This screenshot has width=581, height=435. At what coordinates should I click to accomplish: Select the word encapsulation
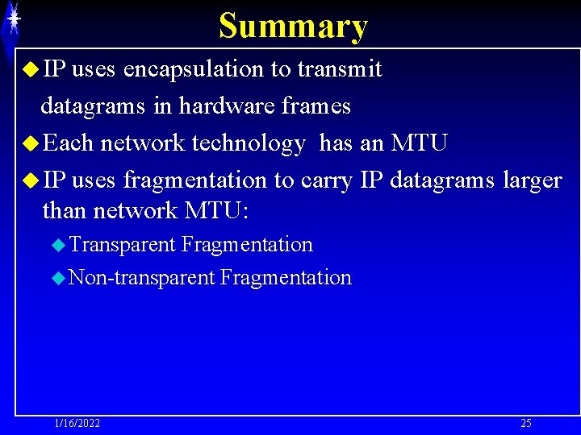pos(196,70)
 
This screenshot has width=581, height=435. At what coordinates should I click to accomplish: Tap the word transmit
pos(339,70)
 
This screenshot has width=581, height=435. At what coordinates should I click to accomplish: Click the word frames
pos(317,106)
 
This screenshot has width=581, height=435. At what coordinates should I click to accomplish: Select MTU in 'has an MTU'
pos(419,144)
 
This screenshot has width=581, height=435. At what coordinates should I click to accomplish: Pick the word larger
pos(532,181)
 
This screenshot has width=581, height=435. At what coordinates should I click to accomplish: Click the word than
pos(64,211)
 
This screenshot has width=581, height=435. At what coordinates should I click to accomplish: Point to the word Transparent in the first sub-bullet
pos(122,244)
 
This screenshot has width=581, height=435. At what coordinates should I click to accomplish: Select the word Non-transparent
pos(142,279)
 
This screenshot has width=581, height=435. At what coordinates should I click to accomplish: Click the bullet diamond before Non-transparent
pos(57,279)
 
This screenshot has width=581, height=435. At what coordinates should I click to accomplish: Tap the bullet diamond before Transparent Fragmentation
pos(57,244)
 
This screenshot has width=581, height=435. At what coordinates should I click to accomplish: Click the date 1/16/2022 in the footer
pos(77,424)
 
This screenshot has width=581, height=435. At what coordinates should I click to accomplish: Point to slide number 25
pos(526,424)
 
